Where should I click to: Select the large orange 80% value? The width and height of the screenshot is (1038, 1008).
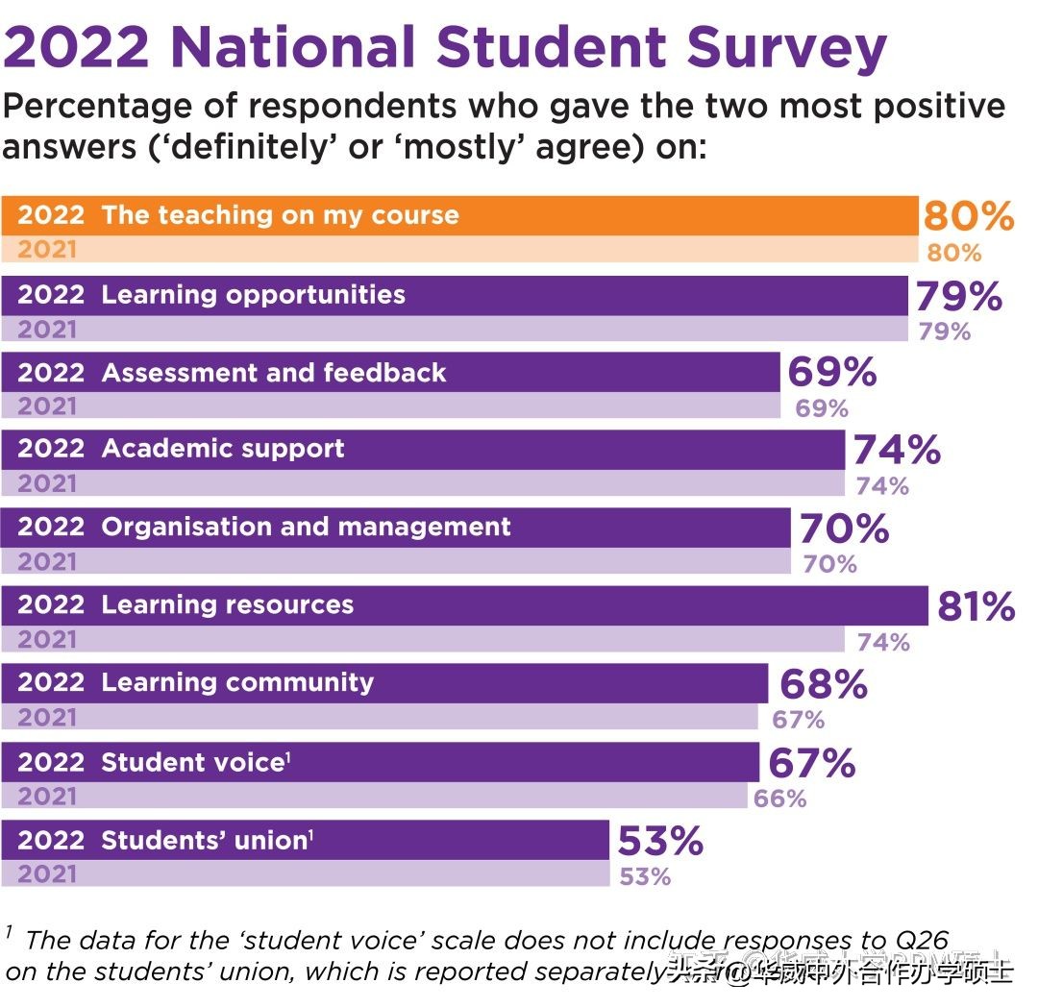[968, 216]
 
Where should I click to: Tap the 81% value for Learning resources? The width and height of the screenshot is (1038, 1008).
[976, 607]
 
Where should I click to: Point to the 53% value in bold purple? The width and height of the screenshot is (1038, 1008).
[660, 842]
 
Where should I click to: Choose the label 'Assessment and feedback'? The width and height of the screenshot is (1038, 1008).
[274, 373]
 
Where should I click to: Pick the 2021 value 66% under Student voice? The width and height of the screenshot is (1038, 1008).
[780, 799]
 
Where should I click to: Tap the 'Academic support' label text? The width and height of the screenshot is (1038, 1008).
[223, 449]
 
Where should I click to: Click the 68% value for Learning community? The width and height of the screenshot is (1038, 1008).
[824, 685]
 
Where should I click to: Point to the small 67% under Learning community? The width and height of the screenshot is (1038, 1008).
[799, 719]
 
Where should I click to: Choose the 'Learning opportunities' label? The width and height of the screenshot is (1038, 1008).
[254, 294]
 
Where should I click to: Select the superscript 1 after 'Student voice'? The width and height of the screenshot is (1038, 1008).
[288, 758]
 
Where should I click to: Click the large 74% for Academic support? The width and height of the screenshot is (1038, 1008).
[897, 451]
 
